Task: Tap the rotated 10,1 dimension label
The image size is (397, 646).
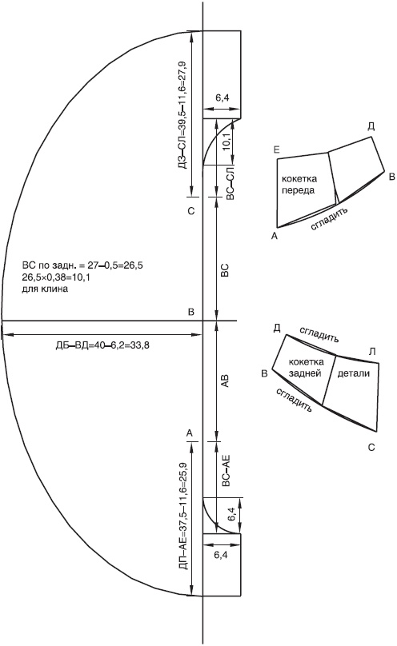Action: pyautogui.click(x=227, y=143)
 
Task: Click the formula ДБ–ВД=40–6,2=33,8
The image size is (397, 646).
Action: pyautogui.click(x=102, y=345)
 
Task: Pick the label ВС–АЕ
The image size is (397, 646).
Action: pyautogui.click(x=226, y=472)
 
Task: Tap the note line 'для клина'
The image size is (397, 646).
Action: pyautogui.click(x=45, y=289)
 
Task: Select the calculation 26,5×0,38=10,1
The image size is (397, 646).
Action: pyautogui.click(x=56, y=277)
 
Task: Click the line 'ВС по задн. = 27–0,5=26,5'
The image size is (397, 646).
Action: pyautogui.click(x=82, y=265)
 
